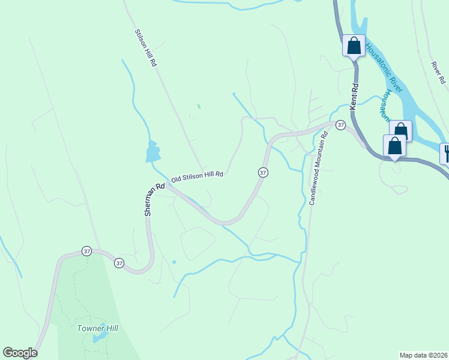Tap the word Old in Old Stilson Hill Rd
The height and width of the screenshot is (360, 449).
click(x=176, y=179)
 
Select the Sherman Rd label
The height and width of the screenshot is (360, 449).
click(x=154, y=200)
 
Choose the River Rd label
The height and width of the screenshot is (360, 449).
click(x=438, y=72)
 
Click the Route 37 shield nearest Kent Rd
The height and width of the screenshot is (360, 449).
click(x=340, y=125)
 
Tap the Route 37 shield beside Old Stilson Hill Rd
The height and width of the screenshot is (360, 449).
click(x=262, y=172)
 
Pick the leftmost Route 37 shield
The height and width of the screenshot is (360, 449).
click(x=87, y=251)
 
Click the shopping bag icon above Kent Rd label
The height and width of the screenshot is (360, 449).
click(x=354, y=45)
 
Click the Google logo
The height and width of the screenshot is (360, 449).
click(x=20, y=353)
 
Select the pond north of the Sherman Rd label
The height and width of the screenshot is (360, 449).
click(x=152, y=152)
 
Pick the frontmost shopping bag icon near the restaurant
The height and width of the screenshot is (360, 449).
click(x=394, y=146)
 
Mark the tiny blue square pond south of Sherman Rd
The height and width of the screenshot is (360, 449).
click(x=173, y=262)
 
